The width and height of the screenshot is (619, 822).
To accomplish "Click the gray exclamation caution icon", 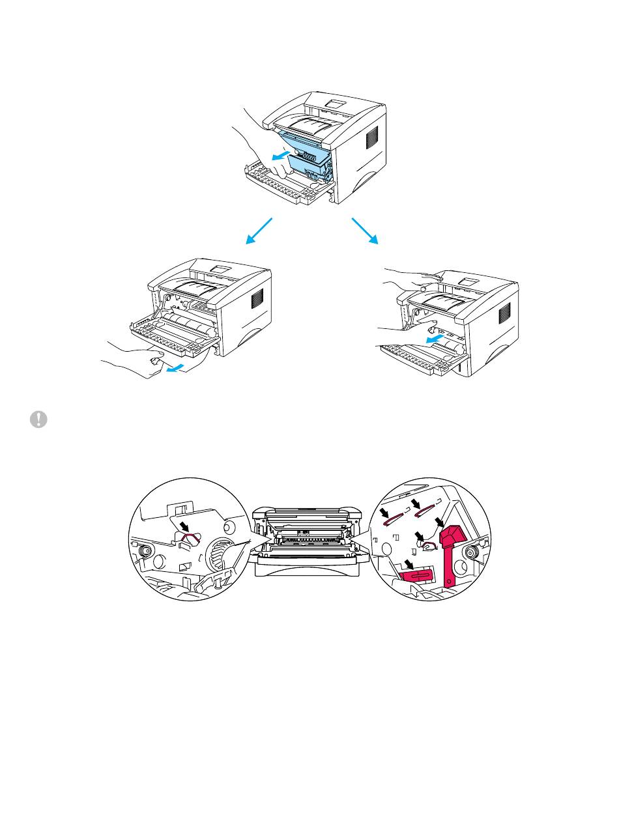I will (x=38, y=420).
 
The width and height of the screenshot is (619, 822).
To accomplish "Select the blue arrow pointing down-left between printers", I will (x=258, y=231).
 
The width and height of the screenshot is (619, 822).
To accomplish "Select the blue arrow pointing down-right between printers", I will (x=364, y=231).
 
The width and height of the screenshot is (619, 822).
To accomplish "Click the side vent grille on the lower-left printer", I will (x=257, y=298).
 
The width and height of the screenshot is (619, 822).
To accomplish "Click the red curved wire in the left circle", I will (x=190, y=539).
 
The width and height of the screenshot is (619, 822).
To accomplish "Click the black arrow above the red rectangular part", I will (x=408, y=561).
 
